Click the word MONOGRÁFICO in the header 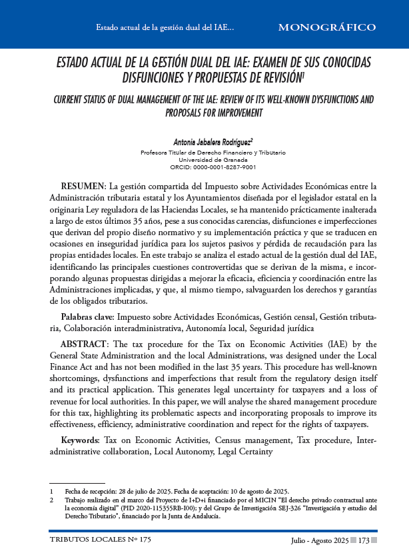click(326, 27)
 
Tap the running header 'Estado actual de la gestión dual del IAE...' click(165, 28)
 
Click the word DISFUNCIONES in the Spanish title click(159, 78)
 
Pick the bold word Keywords click(79, 440)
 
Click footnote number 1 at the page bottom click(51, 491)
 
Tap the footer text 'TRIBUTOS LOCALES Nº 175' click(100, 538)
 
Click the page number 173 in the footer click(364, 538)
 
